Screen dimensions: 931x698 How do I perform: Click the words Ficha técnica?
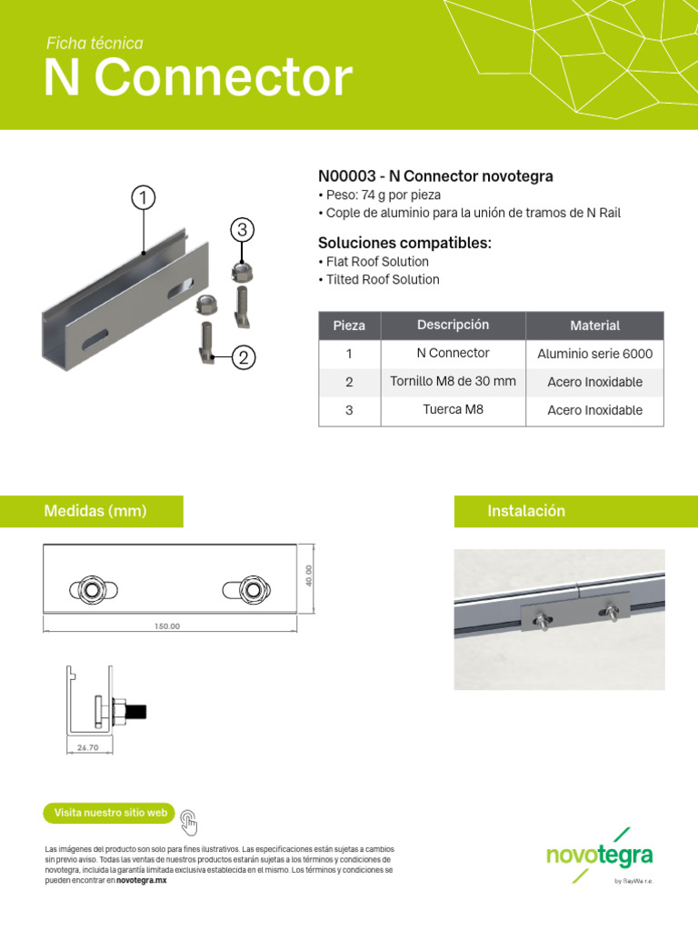pyautogui.click(x=95, y=44)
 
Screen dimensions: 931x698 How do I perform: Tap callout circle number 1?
pyautogui.click(x=143, y=197)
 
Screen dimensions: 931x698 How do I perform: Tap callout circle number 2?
pyautogui.click(x=243, y=358)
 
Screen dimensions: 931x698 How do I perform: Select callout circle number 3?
pyautogui.click(x=241, y=230)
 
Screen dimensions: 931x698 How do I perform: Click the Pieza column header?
pyautogui.click(x=349, y=325)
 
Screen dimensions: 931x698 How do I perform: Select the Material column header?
pyautogui.click(x=594, y=325)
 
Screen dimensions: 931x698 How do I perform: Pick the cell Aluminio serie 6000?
pyautogui.click(x=594, y=354)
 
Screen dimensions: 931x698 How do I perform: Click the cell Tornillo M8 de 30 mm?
pyautogui.click(x=453, y=382)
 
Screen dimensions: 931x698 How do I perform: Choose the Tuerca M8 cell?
pyautogui.click(x=453, y=410)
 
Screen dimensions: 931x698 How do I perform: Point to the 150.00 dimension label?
pyautogui.click(x=167, y=626)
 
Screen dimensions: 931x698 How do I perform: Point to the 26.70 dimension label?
pyautogui.click(x=87, y=747)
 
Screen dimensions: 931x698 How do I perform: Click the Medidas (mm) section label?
pyautogui.click(x=95, y=512)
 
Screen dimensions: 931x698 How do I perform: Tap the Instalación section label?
pyautogui.click(x=526, y=512)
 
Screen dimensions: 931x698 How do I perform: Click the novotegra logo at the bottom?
pyautogui.click(x=599, y=855)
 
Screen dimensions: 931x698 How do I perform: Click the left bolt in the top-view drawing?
pyautogui.click(x=91, y=589)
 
